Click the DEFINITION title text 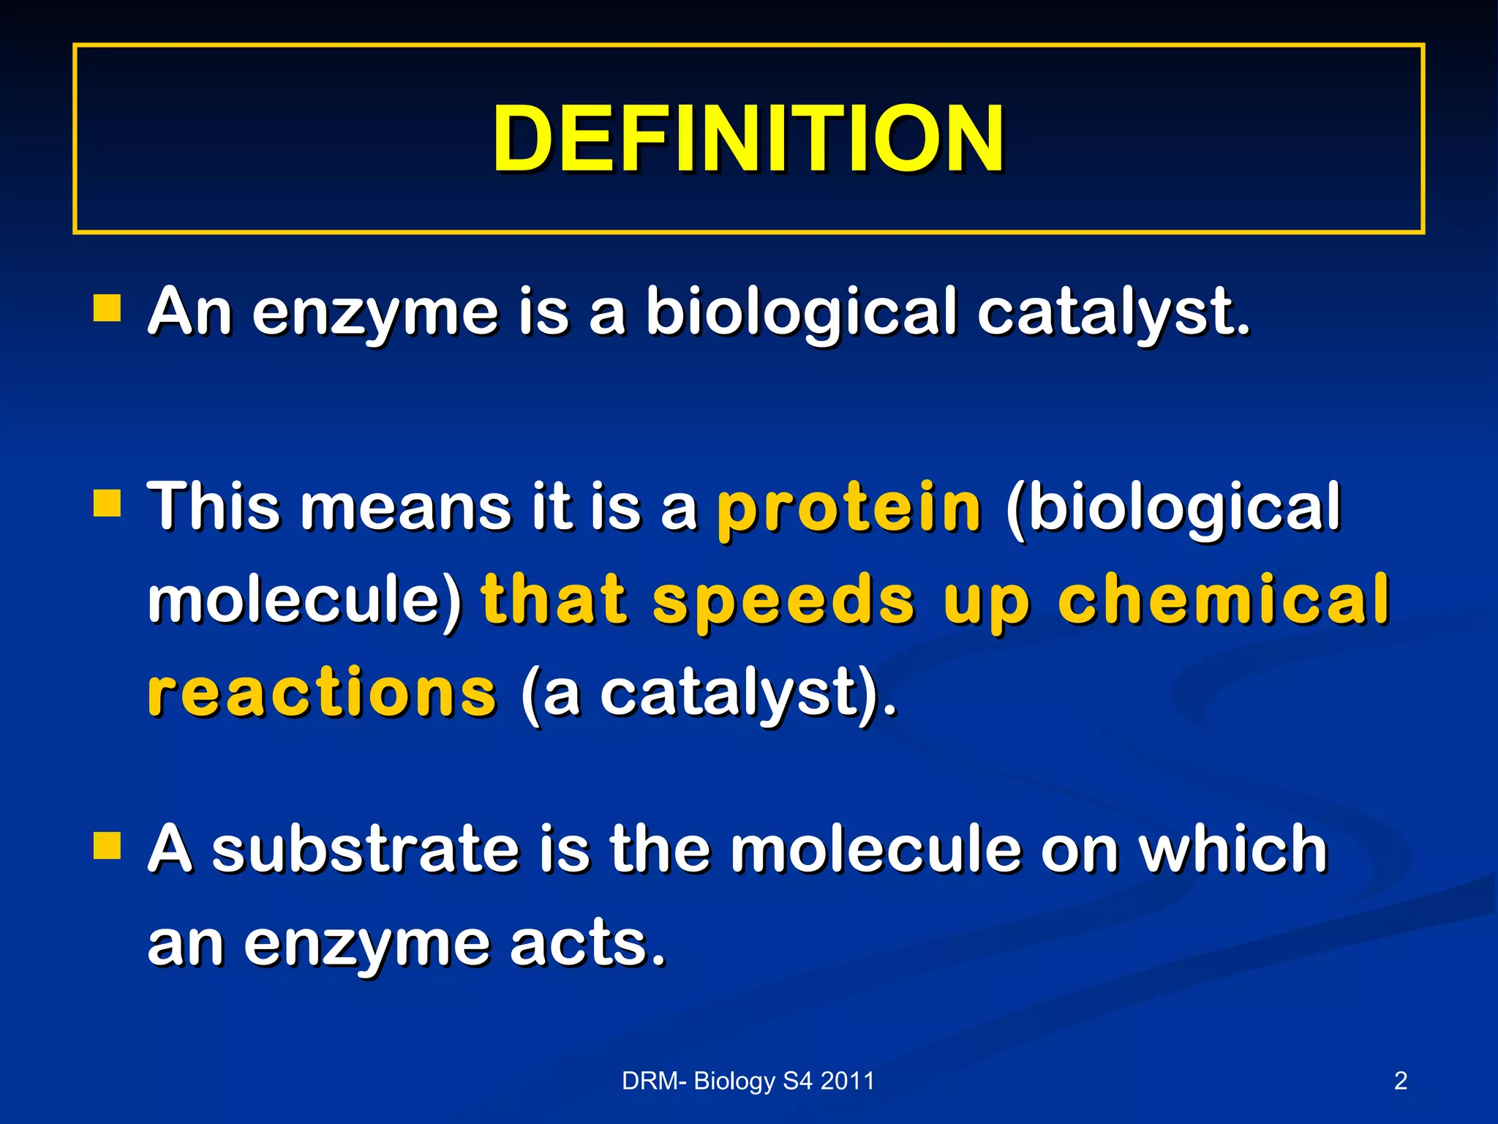tap(748, 139)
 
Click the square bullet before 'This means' tap(108, 504)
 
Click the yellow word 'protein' tap(848, 509)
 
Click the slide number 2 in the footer tap(1400, 1081)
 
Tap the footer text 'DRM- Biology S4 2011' tap(748, 1081)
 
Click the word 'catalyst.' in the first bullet tap(1113, 313)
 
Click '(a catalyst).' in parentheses tap(708, 694)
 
